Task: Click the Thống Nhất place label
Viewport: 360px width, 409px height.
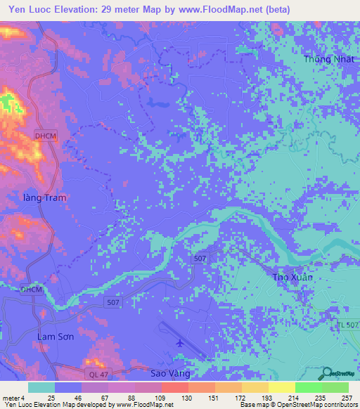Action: [326, 59]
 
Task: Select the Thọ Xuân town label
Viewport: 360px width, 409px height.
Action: [292, 277]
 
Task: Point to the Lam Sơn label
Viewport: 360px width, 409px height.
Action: [55, 337]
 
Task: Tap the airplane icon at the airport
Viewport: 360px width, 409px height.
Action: [180, 342]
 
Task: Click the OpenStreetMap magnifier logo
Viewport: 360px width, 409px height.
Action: [328, 373]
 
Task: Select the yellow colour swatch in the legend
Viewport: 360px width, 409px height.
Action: [281, 387]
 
